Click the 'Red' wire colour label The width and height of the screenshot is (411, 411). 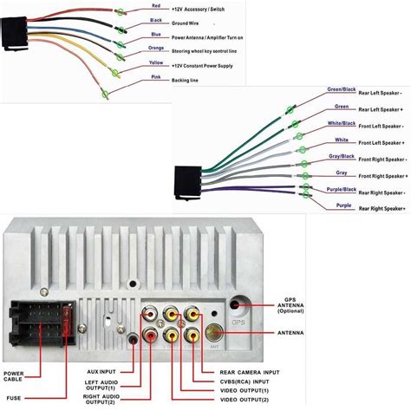156,6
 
